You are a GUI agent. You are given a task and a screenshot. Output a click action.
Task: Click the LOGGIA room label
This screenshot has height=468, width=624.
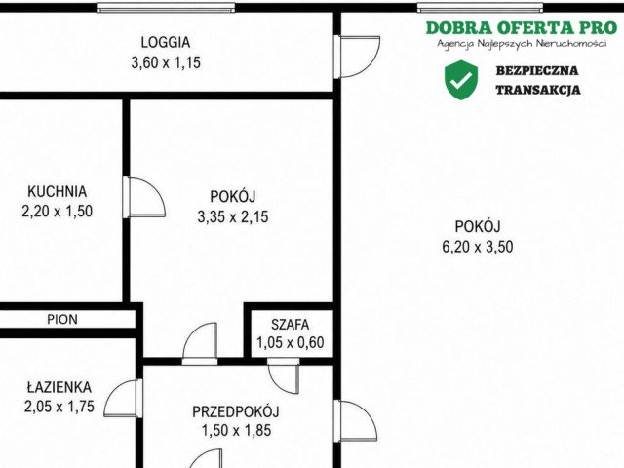click(x=166, y=42)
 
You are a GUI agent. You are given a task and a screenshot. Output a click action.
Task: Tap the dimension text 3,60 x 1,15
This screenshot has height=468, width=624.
click(x=166, y=62)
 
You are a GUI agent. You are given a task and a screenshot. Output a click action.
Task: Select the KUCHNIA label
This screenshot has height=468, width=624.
click(x=57, y=191)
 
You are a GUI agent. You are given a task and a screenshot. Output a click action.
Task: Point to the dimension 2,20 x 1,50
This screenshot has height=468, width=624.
click(x=57, y=211)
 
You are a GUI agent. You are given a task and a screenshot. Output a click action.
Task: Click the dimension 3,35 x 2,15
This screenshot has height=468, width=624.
click(x=233, y=216)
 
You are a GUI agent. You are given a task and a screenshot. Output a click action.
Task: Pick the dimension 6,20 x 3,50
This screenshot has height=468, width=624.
click(x=478, y=247)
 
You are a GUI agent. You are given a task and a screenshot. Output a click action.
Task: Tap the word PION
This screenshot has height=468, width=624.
click(x=62, y=319)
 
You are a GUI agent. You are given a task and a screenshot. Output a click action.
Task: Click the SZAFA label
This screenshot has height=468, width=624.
click(x=290, y=325)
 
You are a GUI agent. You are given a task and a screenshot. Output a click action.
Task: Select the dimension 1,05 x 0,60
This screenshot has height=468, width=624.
click(x=290, y=342)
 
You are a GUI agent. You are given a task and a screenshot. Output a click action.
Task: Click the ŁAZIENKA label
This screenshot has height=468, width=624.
click(x=58, y=387)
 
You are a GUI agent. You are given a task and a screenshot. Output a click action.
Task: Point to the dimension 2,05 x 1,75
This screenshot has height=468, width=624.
click(x=58, y=407)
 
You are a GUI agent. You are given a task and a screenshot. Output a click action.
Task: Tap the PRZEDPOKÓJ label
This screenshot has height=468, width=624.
click(x=236, y=411)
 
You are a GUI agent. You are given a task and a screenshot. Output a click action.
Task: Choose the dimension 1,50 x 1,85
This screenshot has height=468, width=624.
click(x=236, y=431)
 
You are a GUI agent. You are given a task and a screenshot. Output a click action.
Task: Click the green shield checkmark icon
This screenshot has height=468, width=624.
click(x=461, y=80)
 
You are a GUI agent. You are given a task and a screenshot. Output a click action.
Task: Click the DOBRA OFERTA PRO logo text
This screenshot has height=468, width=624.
click(x=522, y=28)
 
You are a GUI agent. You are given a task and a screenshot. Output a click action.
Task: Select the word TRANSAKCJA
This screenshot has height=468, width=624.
click(x=538, y=90)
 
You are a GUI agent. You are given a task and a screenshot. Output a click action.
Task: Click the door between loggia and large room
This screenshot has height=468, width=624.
click(x=357, y=57)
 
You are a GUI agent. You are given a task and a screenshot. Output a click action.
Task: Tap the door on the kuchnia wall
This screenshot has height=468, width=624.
click(x=144, y=197)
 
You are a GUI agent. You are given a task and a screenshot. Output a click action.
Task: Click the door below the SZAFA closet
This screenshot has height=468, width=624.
click(x=284, y=375)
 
